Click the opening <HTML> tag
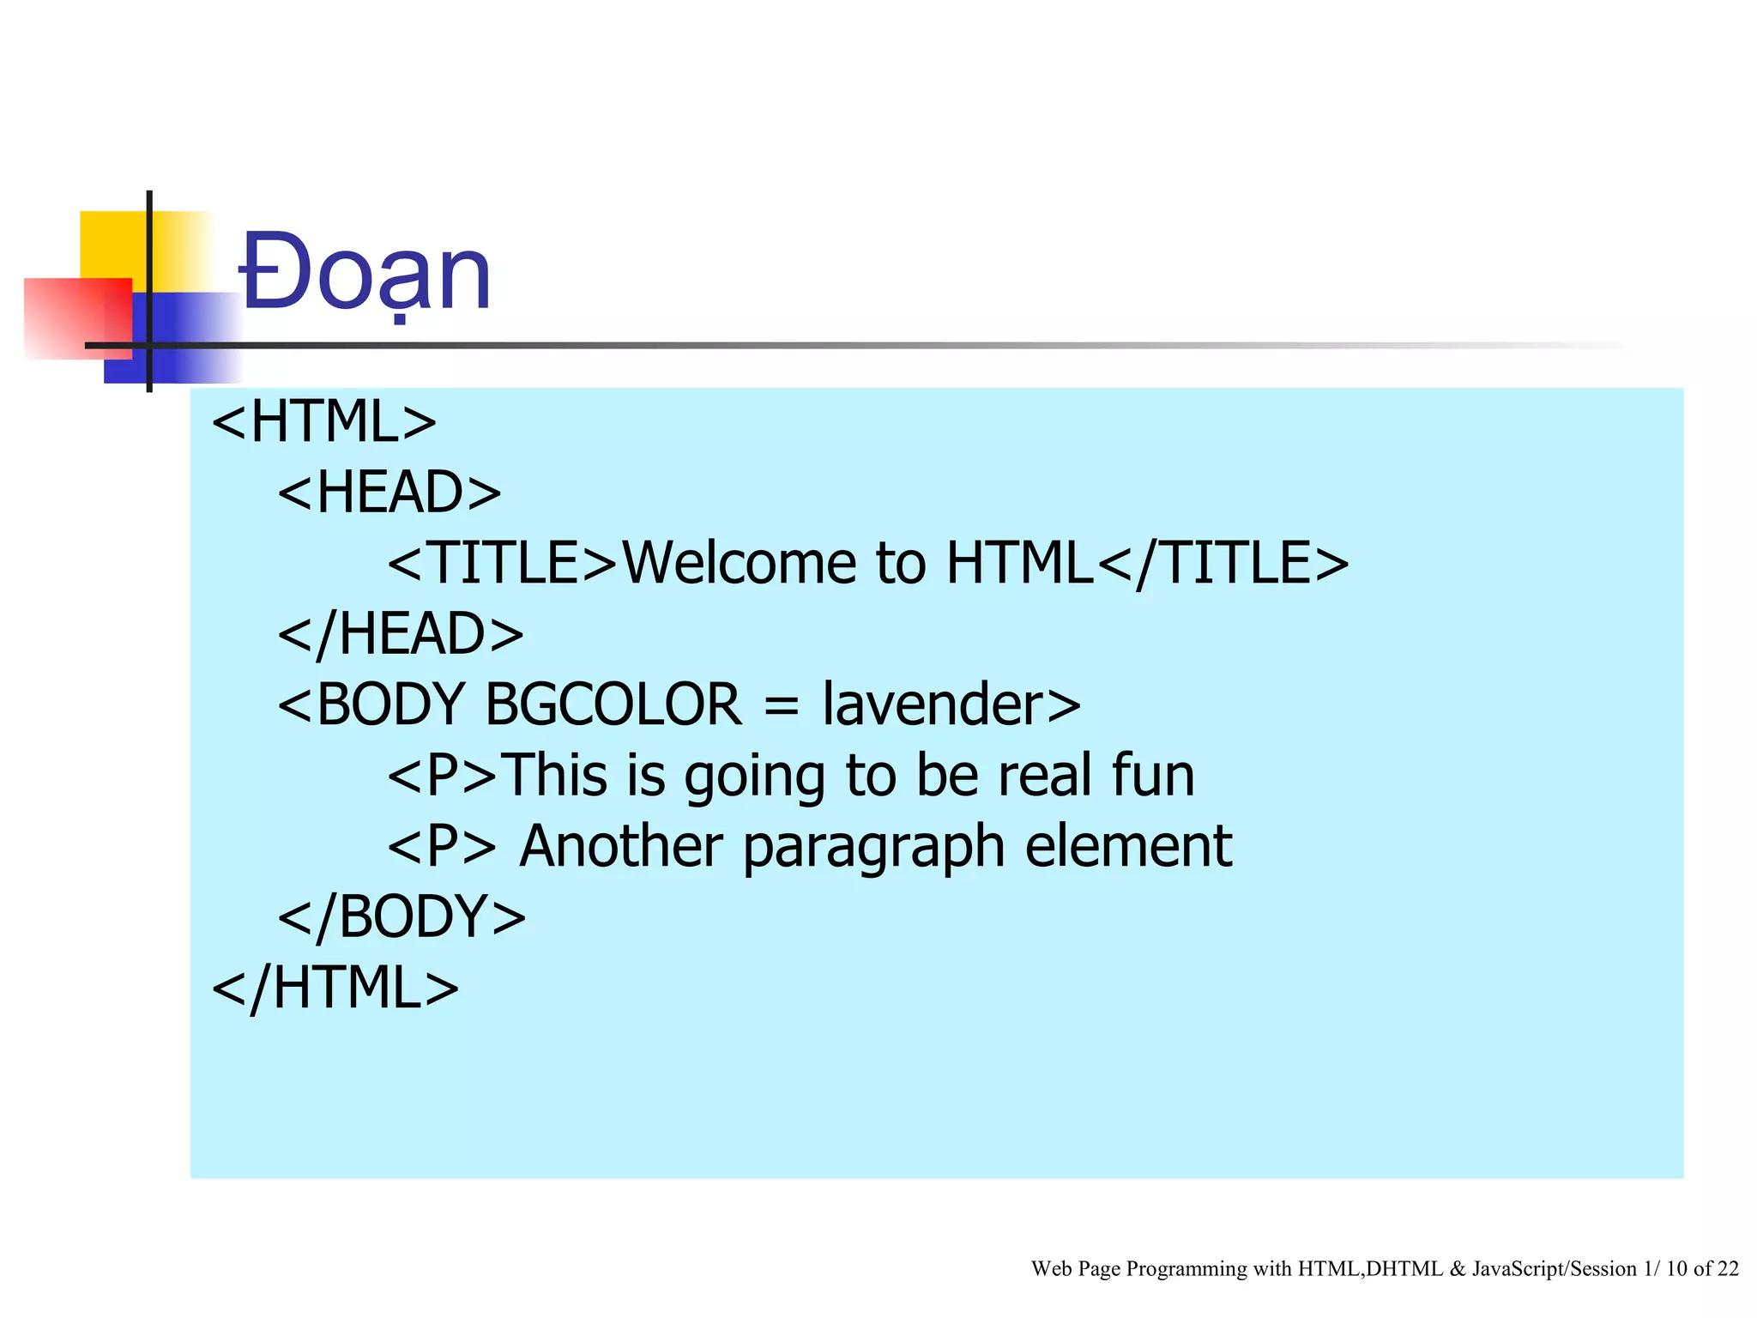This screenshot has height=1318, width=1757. [x=324, y=421]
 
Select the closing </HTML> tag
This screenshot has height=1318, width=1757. [x=335, y=988]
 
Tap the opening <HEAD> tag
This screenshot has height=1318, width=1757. [x=389, y=493]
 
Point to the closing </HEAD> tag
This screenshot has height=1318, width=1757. [x=401, y=634]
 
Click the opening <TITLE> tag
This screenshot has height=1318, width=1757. [x=503, y=564]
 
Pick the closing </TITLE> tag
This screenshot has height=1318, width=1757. [x=1223, y=564]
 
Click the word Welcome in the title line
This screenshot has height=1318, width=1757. [x=739, y=564]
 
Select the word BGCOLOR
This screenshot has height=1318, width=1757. [x=613, y=704]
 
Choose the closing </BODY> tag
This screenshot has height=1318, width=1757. [x=402, y=916]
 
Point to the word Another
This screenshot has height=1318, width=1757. [x=621, y=846]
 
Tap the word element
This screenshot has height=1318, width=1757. [x=1128, y=846]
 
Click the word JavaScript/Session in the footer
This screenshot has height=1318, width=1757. [x=1554, y=1268]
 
